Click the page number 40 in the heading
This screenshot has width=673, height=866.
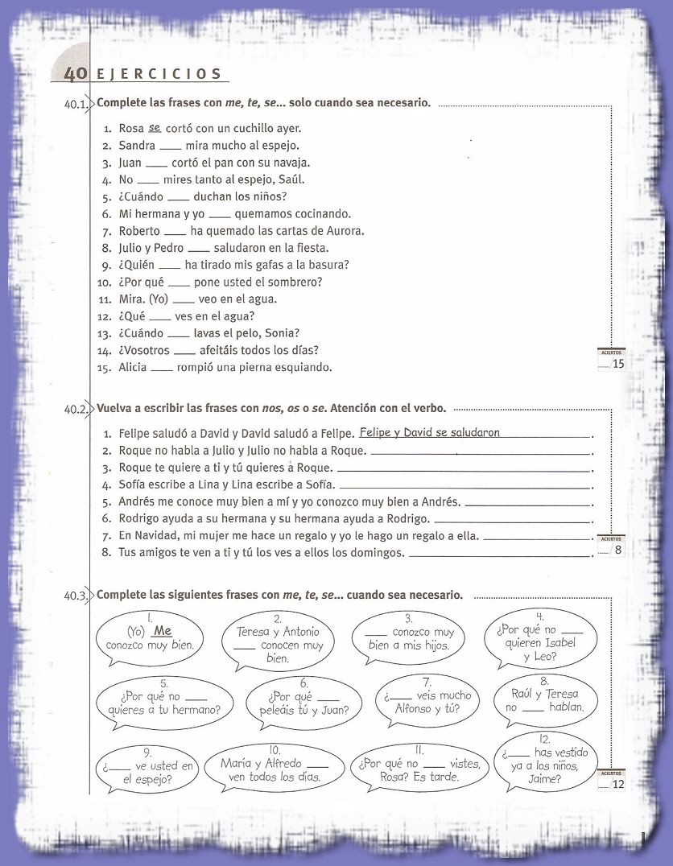75,74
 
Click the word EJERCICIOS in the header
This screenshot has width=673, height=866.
158,74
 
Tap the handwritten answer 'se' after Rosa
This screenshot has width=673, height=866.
155,127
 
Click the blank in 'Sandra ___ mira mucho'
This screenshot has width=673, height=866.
170,146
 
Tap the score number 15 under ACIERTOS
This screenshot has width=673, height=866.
618,364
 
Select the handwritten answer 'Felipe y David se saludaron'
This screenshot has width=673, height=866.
430,432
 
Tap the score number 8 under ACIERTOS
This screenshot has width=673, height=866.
617,551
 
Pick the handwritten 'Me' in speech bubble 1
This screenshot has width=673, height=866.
163,631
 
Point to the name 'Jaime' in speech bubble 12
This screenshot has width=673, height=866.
545,778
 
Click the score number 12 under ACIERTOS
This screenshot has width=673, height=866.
618,784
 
